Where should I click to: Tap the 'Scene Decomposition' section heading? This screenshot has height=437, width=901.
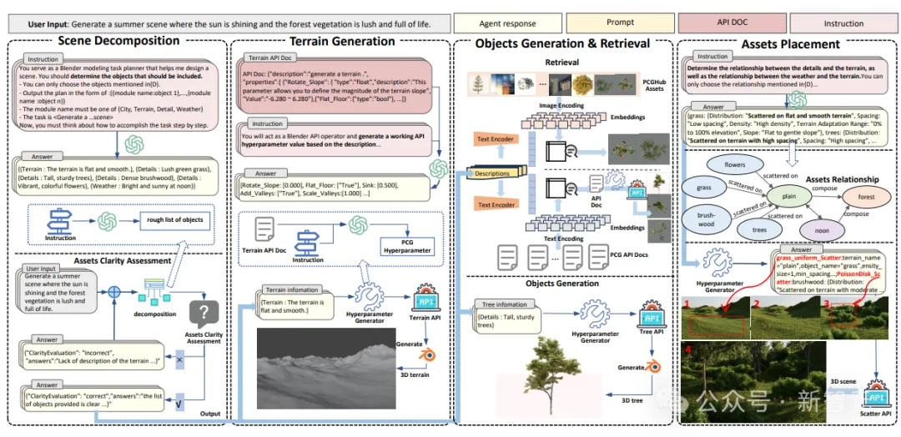pyautogui.click(x=118, y=41)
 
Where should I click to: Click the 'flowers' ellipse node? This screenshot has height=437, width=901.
pyautogui.click(x=734, y=164)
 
